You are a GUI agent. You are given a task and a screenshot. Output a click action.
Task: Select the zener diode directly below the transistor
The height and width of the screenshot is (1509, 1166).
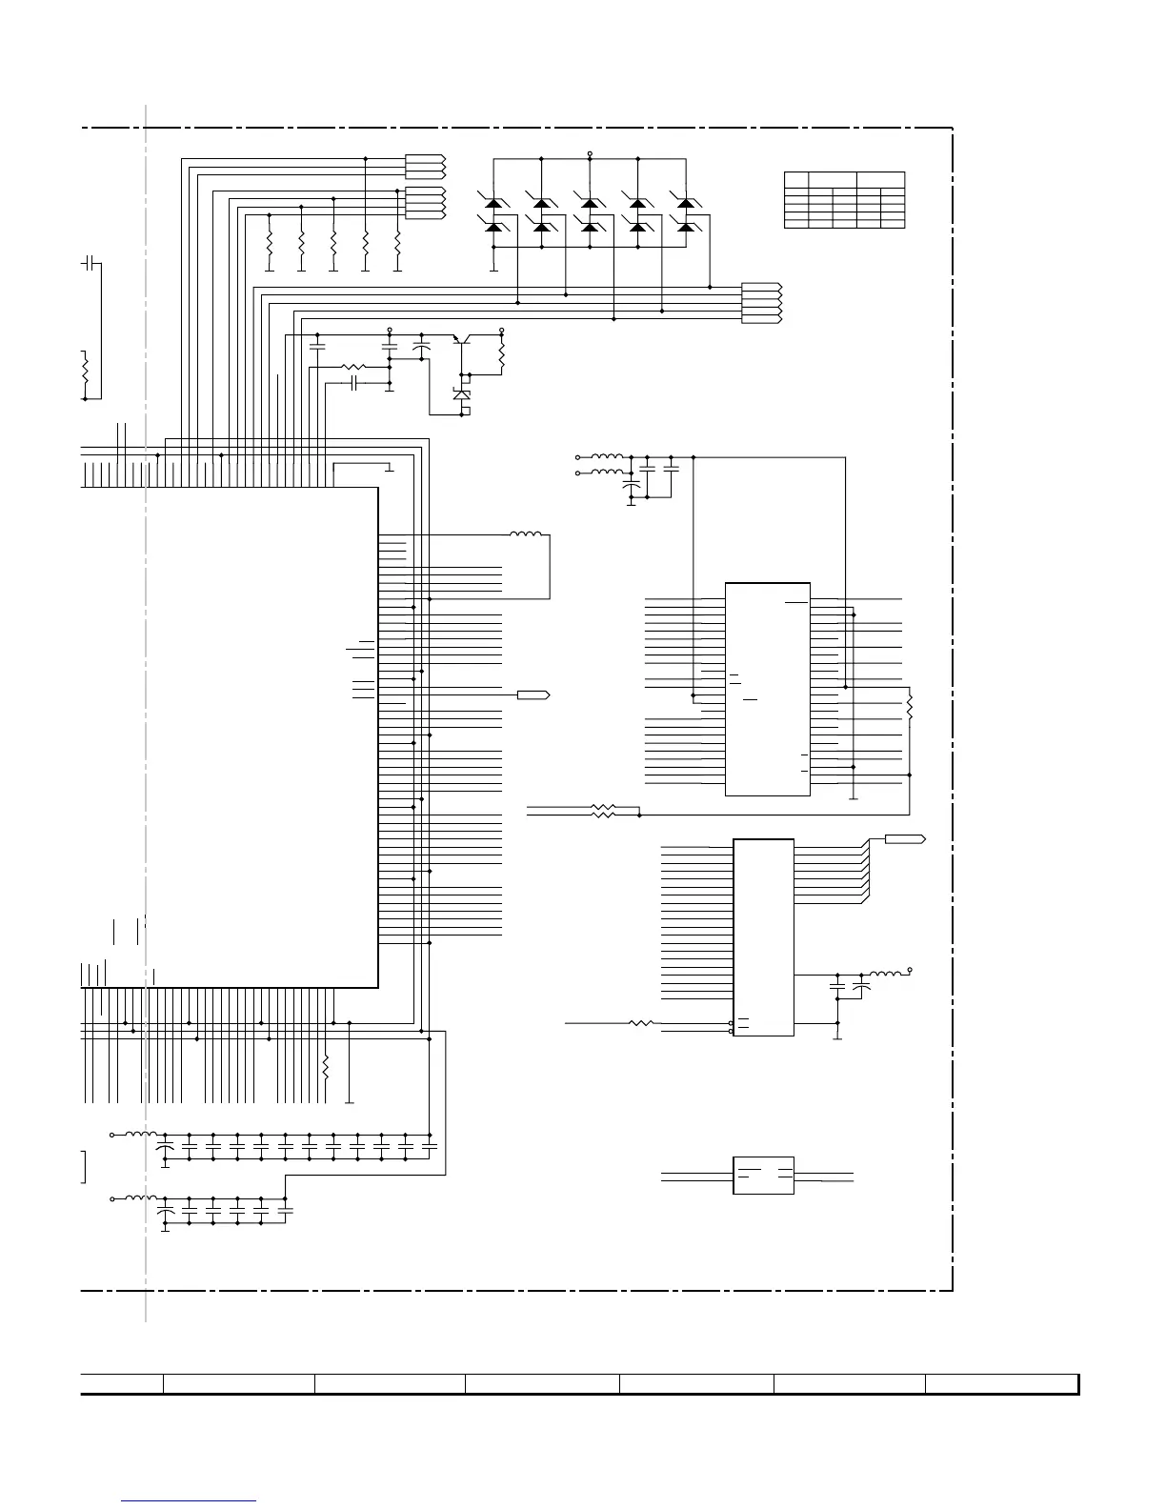pyautogui.click(x=463, y=393)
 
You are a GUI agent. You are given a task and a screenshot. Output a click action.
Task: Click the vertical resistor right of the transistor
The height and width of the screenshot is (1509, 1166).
pyautogui.click(x=501, y=354)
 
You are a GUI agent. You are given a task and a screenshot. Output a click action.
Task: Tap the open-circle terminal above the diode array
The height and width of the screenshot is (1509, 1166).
pyautogui.click(x=590, y=152)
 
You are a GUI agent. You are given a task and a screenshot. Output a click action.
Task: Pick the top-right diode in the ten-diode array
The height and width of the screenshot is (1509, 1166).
pyautogui.click(x=684, y=203)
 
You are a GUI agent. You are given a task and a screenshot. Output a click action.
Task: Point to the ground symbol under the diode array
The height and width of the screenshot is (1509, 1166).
pyautogui.click(x=493, y=269)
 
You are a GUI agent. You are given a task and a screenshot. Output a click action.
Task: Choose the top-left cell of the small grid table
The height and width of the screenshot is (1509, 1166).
pyautogui.click(x=795, y=178)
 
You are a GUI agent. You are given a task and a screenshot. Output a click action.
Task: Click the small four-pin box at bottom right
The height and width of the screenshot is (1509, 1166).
pyautogui.click(x=763, y=1175)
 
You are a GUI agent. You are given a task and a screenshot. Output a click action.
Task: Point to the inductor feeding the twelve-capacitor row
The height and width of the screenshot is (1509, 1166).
pyautogui.click(x=142, y=1134)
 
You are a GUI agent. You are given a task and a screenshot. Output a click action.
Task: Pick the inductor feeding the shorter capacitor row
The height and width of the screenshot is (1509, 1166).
pyautogui.click(x=142, y=1197)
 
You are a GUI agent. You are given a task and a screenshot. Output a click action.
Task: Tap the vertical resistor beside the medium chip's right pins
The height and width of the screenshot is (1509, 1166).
pyautogui.click(x=910, y=707)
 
